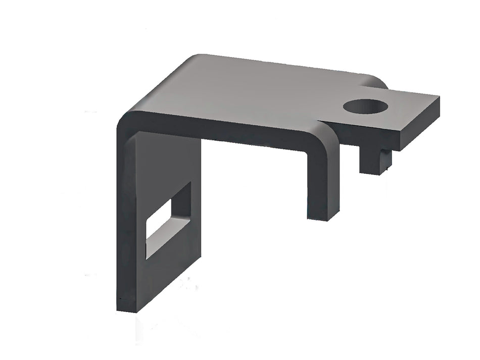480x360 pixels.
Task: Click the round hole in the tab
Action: tap(365, 107)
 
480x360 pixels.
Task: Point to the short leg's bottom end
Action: tap(323, 217)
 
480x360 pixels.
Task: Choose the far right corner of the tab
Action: tap(438, 96)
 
